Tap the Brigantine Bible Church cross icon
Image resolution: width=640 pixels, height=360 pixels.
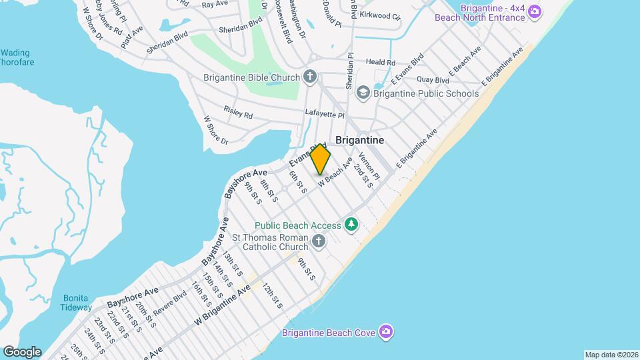[309, 77]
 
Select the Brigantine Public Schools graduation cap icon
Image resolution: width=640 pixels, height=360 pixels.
[363, 93]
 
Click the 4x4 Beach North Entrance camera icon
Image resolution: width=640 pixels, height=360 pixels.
[535, 12]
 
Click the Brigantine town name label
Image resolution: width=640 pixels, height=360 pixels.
[359, 140]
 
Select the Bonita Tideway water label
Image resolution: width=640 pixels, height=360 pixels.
[77, 303]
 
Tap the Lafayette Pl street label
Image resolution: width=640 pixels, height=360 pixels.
[324, 114]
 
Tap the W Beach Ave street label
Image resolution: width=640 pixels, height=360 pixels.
[335, 172]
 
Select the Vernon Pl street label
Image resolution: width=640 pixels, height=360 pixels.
[368, 166]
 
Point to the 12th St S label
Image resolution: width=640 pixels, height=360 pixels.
[271, 295]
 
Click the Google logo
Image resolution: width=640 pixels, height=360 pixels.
[22, 351]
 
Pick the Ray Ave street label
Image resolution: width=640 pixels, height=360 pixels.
[215, 4]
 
